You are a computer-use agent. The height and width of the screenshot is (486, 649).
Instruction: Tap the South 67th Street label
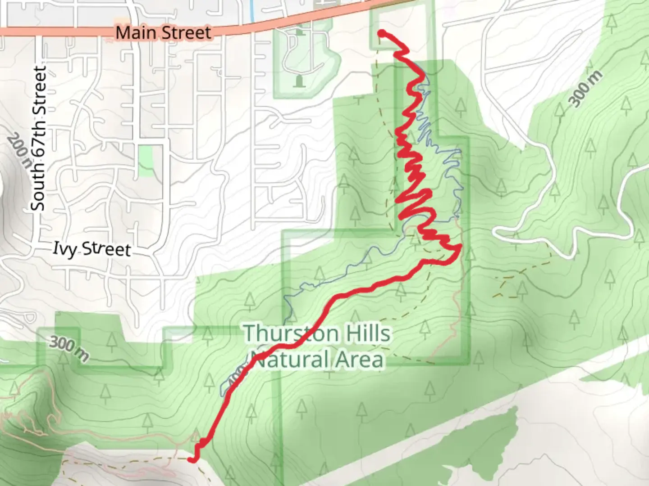pyautogui.click(x=39, y=138)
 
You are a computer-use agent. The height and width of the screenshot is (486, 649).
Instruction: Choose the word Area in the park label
pyautogui.click(x=361, y=360)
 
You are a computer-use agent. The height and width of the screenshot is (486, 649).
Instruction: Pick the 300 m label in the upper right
pyautogui.click(x=585, y=89)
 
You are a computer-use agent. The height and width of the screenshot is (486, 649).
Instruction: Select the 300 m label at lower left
pyautogui.click(x=69, y=349)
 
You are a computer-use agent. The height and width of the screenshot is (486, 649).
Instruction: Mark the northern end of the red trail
pyautogui.click(x=381, y=32)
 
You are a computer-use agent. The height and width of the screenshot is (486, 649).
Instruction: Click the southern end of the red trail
pyautogui.click(x=191, y=459)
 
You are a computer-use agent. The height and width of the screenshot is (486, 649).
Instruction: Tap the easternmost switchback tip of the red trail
pyautogui.click(x=460, y=247)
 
